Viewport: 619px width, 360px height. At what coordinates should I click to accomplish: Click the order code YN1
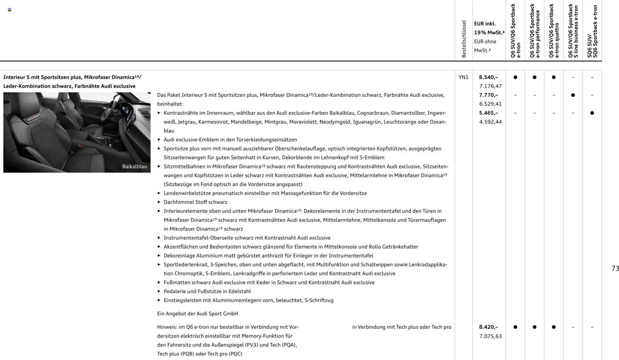coord(463,77)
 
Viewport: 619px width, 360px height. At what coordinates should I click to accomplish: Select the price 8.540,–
coord(488,77)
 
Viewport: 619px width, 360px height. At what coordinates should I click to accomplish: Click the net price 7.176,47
coord(490,86)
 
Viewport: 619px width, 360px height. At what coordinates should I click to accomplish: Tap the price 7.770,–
coord(488,95)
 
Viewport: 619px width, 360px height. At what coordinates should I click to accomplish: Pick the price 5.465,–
coord(488,113)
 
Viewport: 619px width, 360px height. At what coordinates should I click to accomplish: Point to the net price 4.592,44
coord(490,122)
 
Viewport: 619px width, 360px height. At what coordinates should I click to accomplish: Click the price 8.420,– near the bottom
coord(488,327)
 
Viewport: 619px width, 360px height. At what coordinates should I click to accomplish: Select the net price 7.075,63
coord(490,336)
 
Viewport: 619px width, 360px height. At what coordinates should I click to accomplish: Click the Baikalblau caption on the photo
coord(135,167)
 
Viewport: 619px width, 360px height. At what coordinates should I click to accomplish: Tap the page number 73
coord(615,269)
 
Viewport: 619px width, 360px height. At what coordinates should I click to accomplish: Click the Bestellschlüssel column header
coord(464,39)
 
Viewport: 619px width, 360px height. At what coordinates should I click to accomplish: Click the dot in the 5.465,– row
coord(592,113)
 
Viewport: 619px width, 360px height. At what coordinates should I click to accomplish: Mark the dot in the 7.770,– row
coord(573,95)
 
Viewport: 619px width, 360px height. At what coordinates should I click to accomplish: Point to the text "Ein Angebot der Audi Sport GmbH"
coord(197,314)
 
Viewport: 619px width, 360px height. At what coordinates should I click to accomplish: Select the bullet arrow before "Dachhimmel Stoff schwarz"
coord(159,202)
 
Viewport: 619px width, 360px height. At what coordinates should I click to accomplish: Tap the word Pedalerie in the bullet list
coord(175,292)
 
